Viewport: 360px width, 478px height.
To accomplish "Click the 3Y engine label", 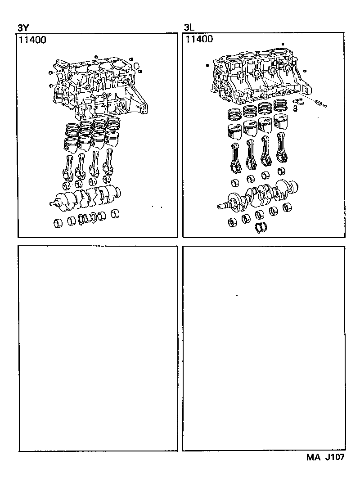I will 23,27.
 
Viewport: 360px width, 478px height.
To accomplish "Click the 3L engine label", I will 189,27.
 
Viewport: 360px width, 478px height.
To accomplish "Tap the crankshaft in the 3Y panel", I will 88,197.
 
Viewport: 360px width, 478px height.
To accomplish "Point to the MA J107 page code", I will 326,457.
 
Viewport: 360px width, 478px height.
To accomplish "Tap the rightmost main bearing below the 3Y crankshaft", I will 115,214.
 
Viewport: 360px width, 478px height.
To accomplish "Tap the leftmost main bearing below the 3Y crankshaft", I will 58,222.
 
